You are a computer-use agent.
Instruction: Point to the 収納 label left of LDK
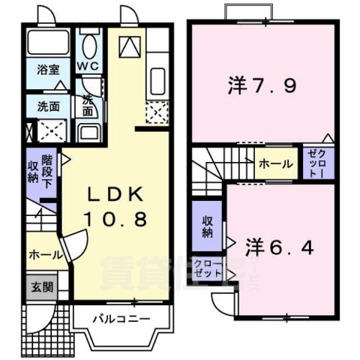pos(33,172)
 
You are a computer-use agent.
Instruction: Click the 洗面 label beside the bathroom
pos(48,105)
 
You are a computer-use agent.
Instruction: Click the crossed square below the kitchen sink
pos(159,112)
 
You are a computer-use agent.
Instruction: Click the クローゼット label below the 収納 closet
pos(207,268)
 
